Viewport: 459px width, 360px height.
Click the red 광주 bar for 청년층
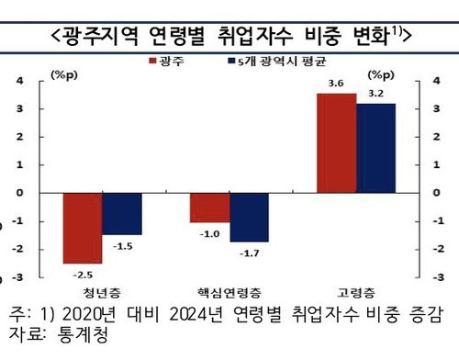[82, 228]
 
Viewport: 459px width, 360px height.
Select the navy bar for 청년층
[122, 214]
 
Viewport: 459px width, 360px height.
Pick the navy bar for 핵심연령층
[249, 217]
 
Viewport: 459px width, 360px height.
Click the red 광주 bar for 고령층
[336, 143]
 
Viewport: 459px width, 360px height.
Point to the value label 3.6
[336, 84]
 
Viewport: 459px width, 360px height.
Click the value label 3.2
[375, 95]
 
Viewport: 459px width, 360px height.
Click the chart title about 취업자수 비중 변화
[229, 35]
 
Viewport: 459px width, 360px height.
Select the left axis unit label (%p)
[63, 73]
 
